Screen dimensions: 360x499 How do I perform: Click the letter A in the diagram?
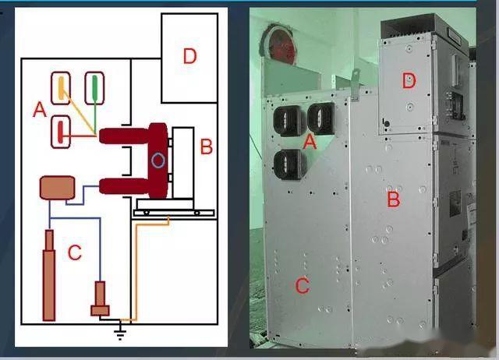click(x=40, y=111)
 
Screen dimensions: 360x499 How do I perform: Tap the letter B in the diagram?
click(x=207, y=146)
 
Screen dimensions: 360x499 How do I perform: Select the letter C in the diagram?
click(x=75, y=252)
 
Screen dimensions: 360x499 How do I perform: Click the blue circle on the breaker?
click(x=158, y=161)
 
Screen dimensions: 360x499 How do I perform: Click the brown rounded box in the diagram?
click(x=57, y=188)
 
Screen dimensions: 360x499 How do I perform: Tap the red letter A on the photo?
click(x=310, y=142)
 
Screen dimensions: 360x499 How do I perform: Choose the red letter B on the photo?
click(x=394, y=201)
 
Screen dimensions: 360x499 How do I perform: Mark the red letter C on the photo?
click(x=302, y=286)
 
